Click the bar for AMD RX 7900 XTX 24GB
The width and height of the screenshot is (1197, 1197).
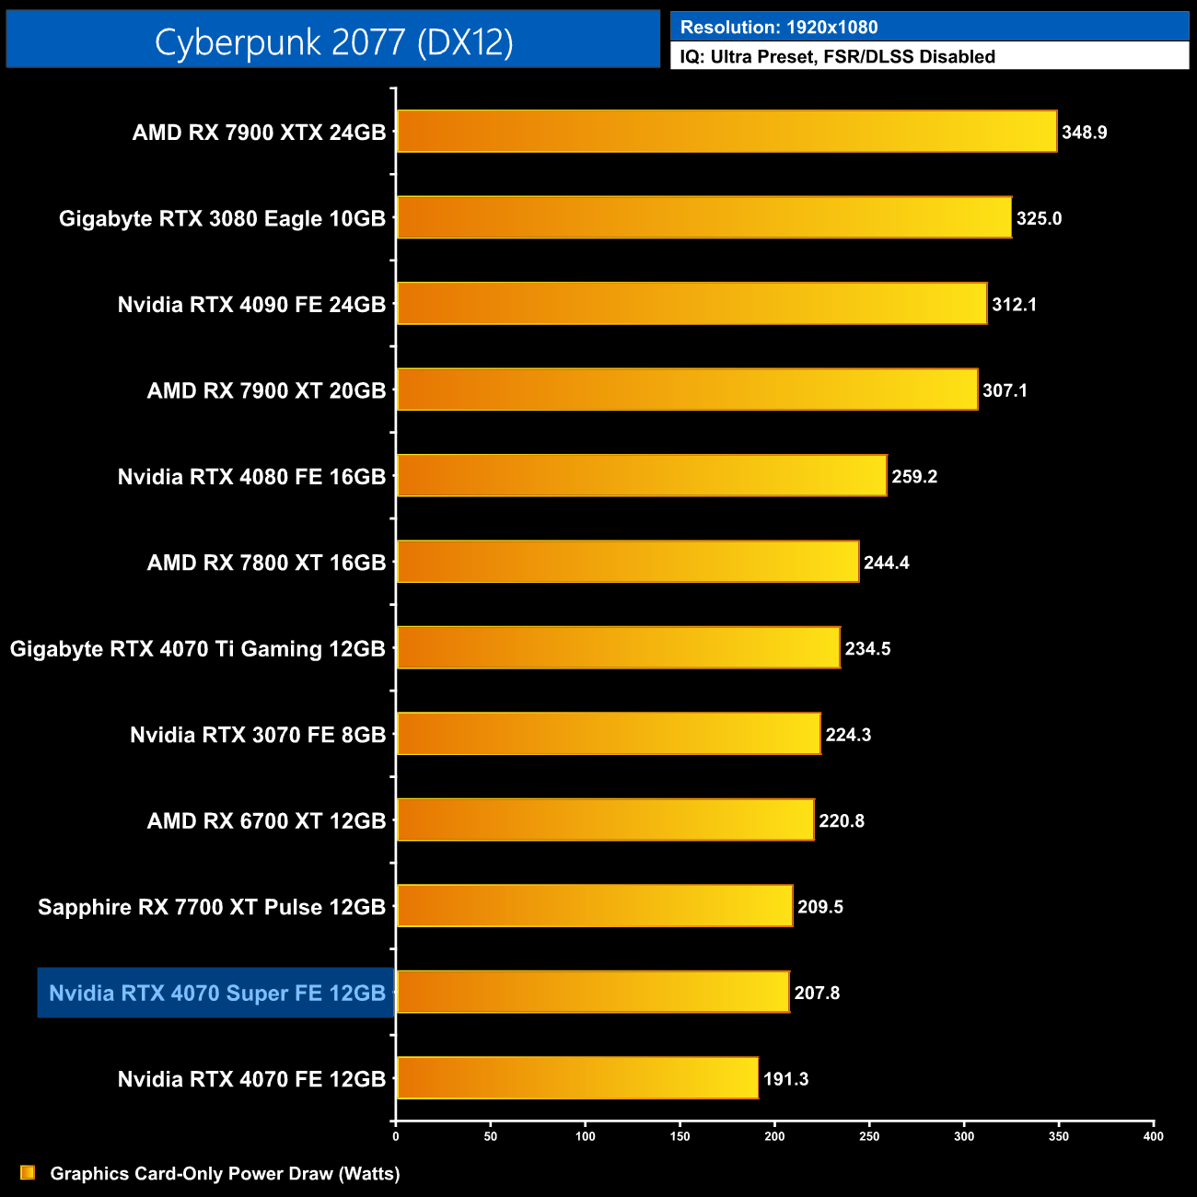pyautogui.click(x=726, y=131)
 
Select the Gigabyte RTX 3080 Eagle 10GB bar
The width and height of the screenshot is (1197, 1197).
pyautogui.click(x=703, y=217)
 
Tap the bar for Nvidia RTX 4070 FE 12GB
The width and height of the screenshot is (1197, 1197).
pyautogui.click(x=577, y=1078)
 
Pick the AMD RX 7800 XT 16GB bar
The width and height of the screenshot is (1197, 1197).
pyautogui.click(x=627, y=562)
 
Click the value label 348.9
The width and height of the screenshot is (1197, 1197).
pyautogui.click(x=1084, y=133)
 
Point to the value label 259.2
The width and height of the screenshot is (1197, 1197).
pyautogui.click(x=914, y=477)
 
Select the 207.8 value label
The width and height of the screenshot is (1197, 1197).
pyautogui.click(x=817, y=994)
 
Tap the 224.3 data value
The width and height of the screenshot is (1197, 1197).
pyautogui.click(x=848, y=735)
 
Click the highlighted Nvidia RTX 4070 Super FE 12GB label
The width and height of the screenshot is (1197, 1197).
pyautogui.click(x=216, y=993)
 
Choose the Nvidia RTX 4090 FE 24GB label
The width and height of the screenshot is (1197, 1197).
pyautogui.click(x=251, y=305)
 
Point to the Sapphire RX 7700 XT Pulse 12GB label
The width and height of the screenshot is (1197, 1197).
pyautogui.click(x=212, y=907)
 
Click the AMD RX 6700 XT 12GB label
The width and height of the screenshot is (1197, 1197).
pyautogui.click(x=266, y=821)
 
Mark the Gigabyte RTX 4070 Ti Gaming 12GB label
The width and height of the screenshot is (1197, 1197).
pyautogui.click(x=197, y=649)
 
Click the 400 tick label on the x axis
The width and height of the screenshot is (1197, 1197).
pyautogui.click(x=1153, y=1136)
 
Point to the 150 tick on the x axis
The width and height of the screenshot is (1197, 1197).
pyautogui.click(x=680, y=1136)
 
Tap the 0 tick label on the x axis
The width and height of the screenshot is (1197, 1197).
pyautogui.click(x=396, y=1136)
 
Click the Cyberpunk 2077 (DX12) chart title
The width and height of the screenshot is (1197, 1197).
pyautogui.click(x=333, y=41)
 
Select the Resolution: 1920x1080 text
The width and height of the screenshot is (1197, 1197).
pyautogui.click(x=779, y=28)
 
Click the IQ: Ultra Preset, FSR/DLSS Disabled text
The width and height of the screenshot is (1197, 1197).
pyautogui.click(x=837, y=56)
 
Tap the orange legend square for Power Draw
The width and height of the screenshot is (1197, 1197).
pyautogui.click(x=28, y=1172)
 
